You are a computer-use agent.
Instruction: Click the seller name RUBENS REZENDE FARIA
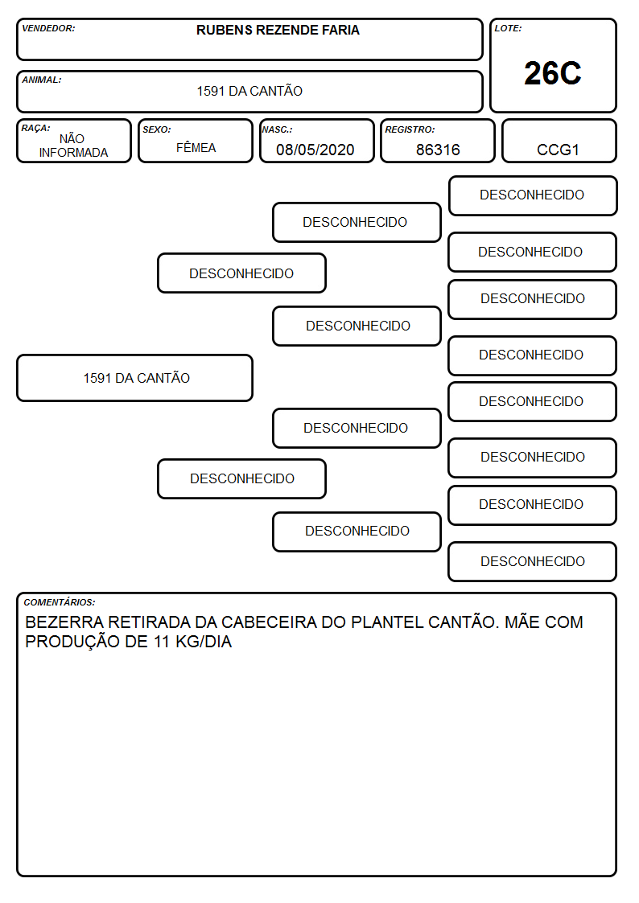pyautogui.click(x=278, y=30)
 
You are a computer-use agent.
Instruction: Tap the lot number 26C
pyautogui.click(x=553, y=73)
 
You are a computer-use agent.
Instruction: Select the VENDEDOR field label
pyautogui.click(x=48, y=28)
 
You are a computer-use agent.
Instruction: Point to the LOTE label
pyautogui.click(x=508, y=28)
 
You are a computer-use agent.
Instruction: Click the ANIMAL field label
pyautogui.click(x=42, y=80)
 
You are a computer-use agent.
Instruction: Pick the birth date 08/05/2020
pyautogui.click(x=315, y=150)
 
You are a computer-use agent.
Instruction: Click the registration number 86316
pyautogui.click(x=438, y=150)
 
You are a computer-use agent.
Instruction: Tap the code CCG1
pyautogui.click(x=558, y=150)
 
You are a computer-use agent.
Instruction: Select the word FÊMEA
pyautogui.click(x=196, y=147)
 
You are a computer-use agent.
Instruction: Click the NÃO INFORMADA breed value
pyautogui.click(x=73, y=146)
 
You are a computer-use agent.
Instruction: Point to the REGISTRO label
pyautogui.click(x=410, y=129)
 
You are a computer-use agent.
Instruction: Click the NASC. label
pyautogui.click(x=277, y=129)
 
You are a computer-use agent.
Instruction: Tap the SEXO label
pyautogui.click(x=157, y=129)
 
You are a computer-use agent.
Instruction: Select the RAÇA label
pyautogui.click(x=35, y=128)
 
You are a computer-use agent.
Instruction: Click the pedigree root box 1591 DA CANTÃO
pyautogui.click(x=135, y=378)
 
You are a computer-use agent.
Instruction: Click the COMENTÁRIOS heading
pyautogui.click(x=60, y=602)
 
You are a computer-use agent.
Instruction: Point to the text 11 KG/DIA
pyautogui.click(x=192, y=642)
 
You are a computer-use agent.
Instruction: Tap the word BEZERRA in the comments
pyautogui.click(x=64, y=622)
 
